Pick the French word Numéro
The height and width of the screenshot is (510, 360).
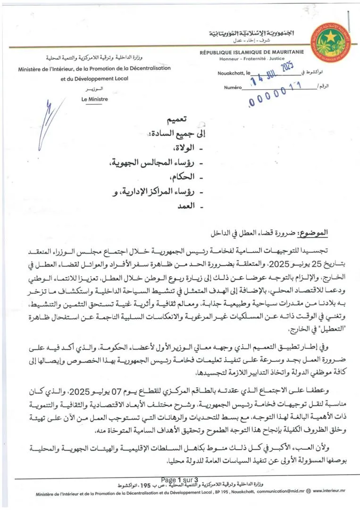coord(233,87)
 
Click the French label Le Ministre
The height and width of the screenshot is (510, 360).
coord(94,99)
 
